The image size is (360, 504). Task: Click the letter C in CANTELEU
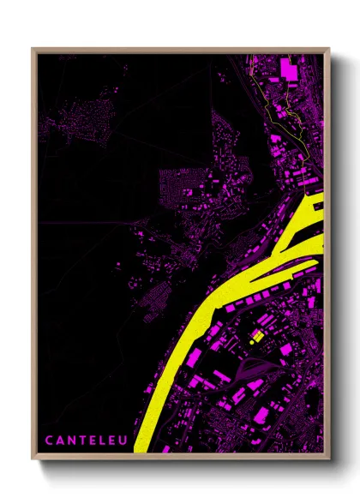[49, 441]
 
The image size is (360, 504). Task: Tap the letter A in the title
[61, 441]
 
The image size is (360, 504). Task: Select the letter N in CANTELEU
[73, 441]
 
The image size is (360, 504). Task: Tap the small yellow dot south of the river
[251, 341]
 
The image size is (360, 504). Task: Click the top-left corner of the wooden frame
[33, 49]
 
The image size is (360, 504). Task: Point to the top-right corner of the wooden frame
[329, 49]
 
